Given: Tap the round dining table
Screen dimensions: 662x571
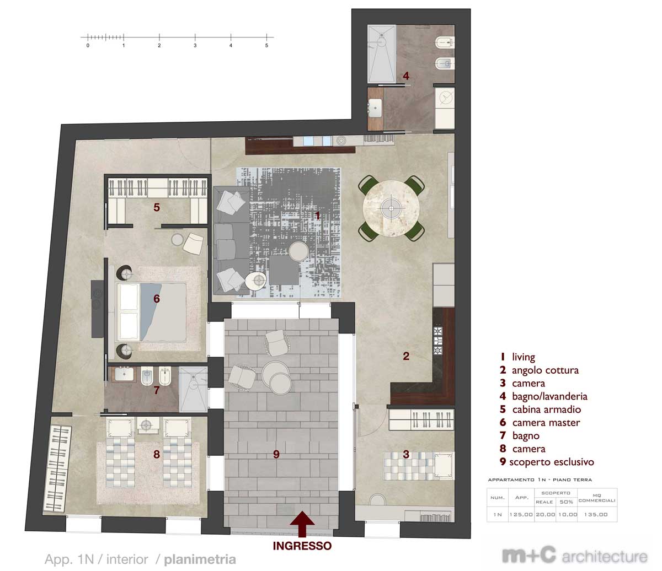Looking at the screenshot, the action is [391, 209].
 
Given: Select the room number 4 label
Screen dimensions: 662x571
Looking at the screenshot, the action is [406, 76].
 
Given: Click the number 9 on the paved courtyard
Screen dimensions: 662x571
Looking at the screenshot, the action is [276, 454].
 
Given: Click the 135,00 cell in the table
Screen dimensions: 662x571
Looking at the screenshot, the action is [596, 514].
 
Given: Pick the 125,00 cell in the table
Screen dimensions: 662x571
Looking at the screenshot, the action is [521, 514].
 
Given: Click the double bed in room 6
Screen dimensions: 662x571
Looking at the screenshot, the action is [152, 312].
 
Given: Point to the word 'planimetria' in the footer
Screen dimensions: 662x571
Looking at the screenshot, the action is [200, 559].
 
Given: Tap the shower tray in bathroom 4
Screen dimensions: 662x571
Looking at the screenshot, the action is [381, 54].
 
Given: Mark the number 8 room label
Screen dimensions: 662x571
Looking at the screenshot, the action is [156, 454].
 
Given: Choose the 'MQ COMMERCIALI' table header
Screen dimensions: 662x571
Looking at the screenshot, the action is [597, 498].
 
